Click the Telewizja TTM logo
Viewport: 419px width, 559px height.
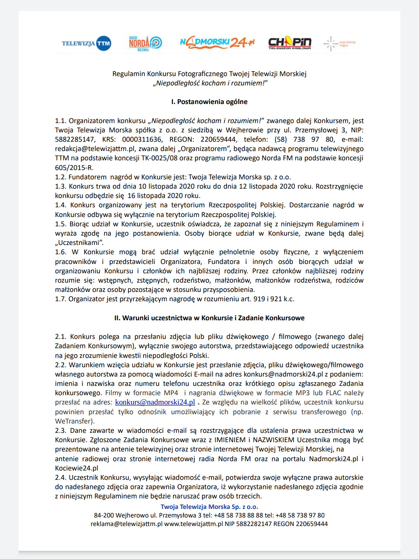pos(86,43)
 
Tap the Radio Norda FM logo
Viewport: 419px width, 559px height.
pos(145,43)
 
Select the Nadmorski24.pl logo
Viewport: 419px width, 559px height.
pos(217,42)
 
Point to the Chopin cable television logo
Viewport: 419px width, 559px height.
pos(290,43)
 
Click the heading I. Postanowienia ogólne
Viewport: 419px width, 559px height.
pos(209,102)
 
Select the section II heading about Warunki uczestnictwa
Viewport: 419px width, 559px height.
pos(209,318)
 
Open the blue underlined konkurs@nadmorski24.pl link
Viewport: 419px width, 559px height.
pos(155,402)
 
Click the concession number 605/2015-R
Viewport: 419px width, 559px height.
pos(74,168)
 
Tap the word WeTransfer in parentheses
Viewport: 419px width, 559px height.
pos(74,421)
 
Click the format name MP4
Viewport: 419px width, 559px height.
pos(171,393)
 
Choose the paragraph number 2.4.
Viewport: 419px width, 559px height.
pos(61,477)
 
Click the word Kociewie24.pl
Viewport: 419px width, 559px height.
pos(76,468)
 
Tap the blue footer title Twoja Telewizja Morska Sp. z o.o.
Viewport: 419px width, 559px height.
pos(209,507)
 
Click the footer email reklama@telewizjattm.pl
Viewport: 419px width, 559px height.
pos(126,524)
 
